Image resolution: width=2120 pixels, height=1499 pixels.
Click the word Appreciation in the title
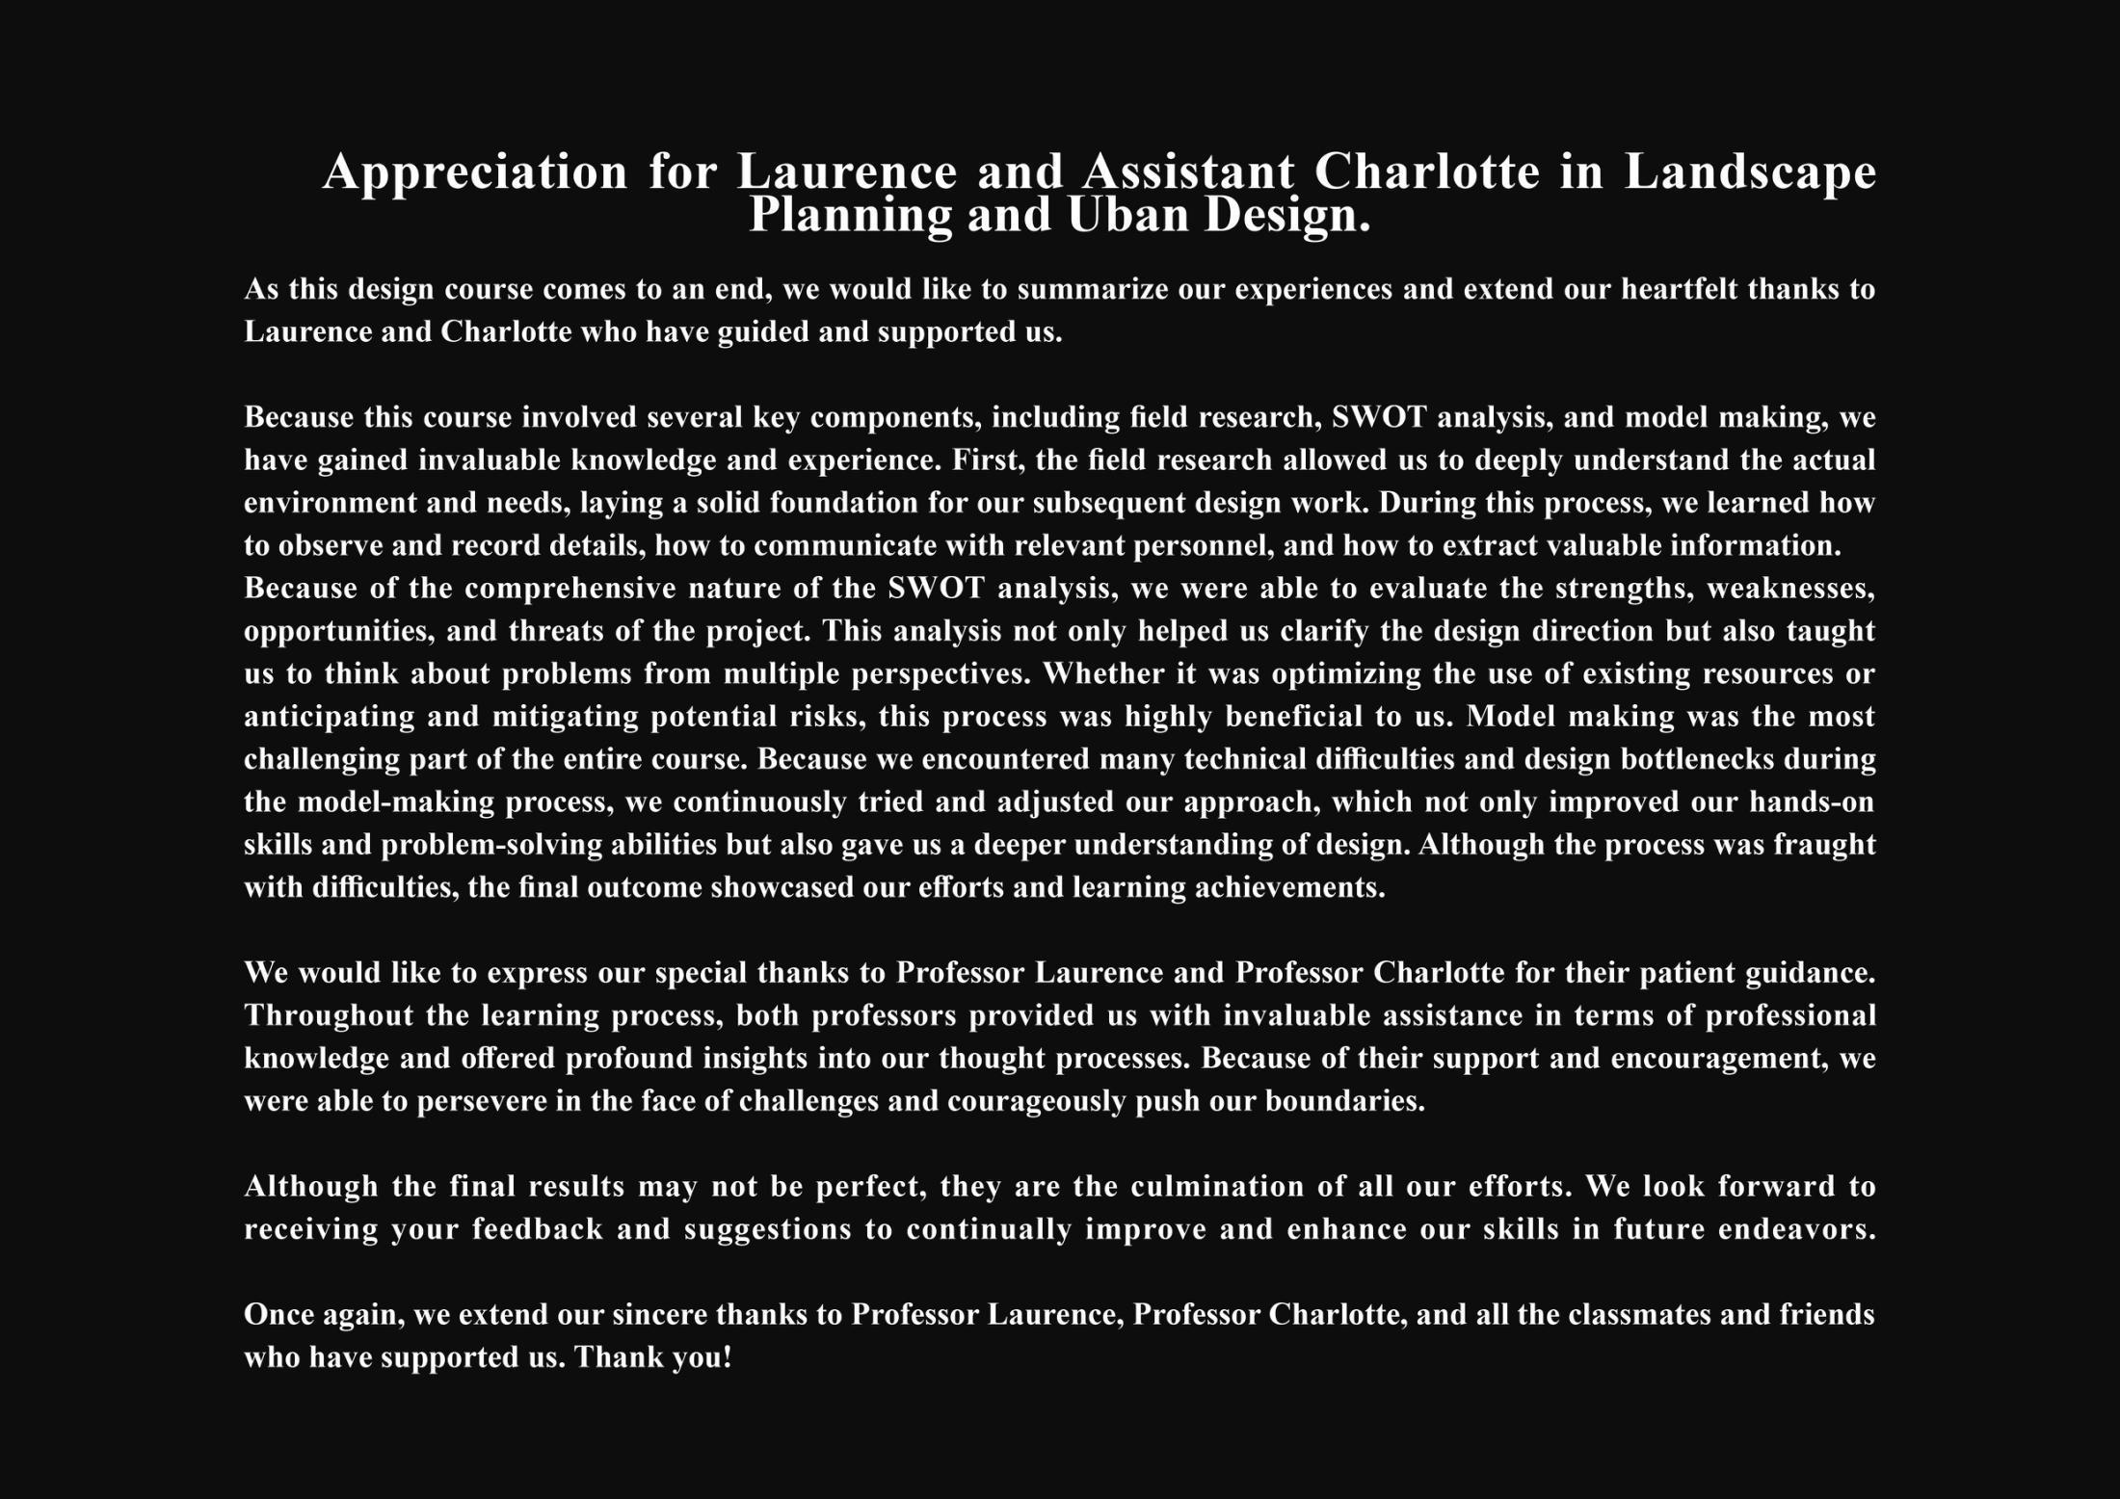(475, 172)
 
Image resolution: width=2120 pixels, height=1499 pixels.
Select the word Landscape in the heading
(1750, 172)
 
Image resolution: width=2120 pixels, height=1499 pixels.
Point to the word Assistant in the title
(1188, 172)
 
